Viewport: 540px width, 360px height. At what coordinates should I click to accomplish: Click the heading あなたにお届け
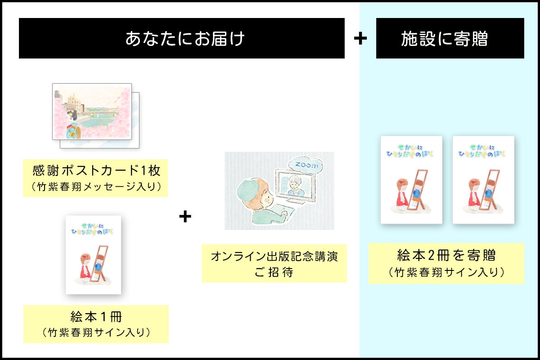pos(184,39)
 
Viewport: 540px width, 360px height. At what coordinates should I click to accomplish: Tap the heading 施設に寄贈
pos(444,39)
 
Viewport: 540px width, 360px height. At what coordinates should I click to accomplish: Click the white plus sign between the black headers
pos(360,39)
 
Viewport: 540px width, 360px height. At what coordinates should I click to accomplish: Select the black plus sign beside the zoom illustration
pos(185,217)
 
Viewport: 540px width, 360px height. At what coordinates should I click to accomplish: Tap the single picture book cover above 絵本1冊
pos(94,255)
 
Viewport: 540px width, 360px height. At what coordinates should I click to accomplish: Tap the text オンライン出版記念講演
pos(274,257)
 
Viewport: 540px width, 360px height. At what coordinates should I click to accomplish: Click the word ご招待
pos(274,272)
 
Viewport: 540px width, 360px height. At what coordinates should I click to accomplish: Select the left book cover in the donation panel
pos(411,180)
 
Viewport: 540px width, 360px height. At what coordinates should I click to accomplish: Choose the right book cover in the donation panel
pos(483,180)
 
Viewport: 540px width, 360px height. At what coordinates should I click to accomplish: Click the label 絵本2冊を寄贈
pos(446,256)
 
